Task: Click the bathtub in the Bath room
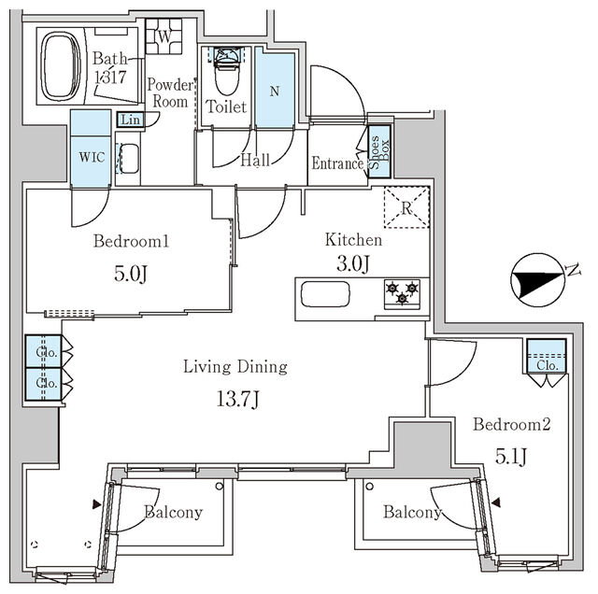coord(61,66)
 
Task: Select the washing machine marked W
coord(164,36)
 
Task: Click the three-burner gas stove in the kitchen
coord(403,293)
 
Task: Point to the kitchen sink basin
coord(325,294)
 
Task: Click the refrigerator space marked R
coord(406,207)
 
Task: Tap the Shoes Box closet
coord(379,151)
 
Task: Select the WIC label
coord(92,157)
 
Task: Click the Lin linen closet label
coord(130,120)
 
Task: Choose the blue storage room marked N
coord(275,90)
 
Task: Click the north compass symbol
coord(538,280)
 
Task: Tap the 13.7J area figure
coord(238,400)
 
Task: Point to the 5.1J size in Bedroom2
coord(511,457)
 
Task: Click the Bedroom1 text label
coord(131,241)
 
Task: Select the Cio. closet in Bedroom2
coord(547,357)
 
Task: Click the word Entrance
coord(337,163)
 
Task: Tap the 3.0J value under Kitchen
coord(353,263)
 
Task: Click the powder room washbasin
coord(129,158)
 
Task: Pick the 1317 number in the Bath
coord(110,77)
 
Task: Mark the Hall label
coord(255,160)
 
